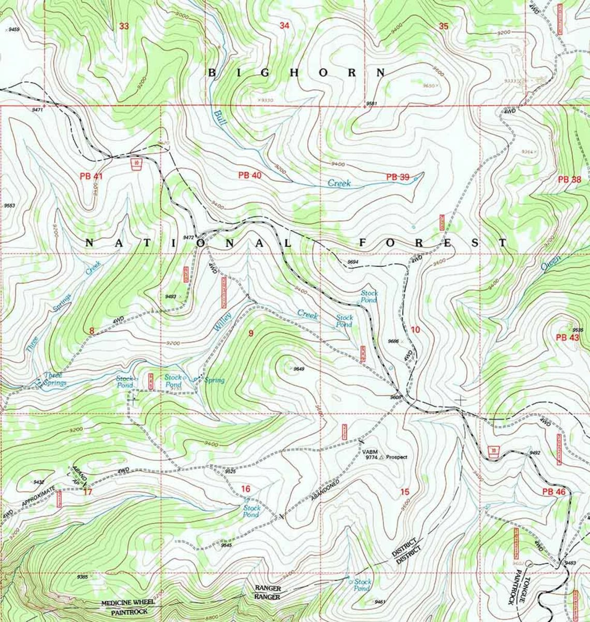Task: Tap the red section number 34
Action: [x=284, y=26]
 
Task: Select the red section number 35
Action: [x=444, y=26]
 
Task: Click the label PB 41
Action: [x=92, y=176]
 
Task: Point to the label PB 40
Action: [x=250, y=175]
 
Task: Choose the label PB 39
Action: [x=397, y=177]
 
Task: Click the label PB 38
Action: [x=570, y=180]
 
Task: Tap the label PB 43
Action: [x=568, y=337]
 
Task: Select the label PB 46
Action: [x=554, y=492]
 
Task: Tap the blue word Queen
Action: [x=551, y=263]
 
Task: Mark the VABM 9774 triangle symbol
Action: [x=382, y=457]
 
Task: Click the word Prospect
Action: [x=397, y=457]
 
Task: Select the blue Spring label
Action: [x=214, y=381]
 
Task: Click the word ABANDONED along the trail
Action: [x=325, y=489]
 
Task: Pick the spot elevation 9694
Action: [x=353, y=262]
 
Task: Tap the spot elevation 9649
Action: [x=299, y=369]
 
